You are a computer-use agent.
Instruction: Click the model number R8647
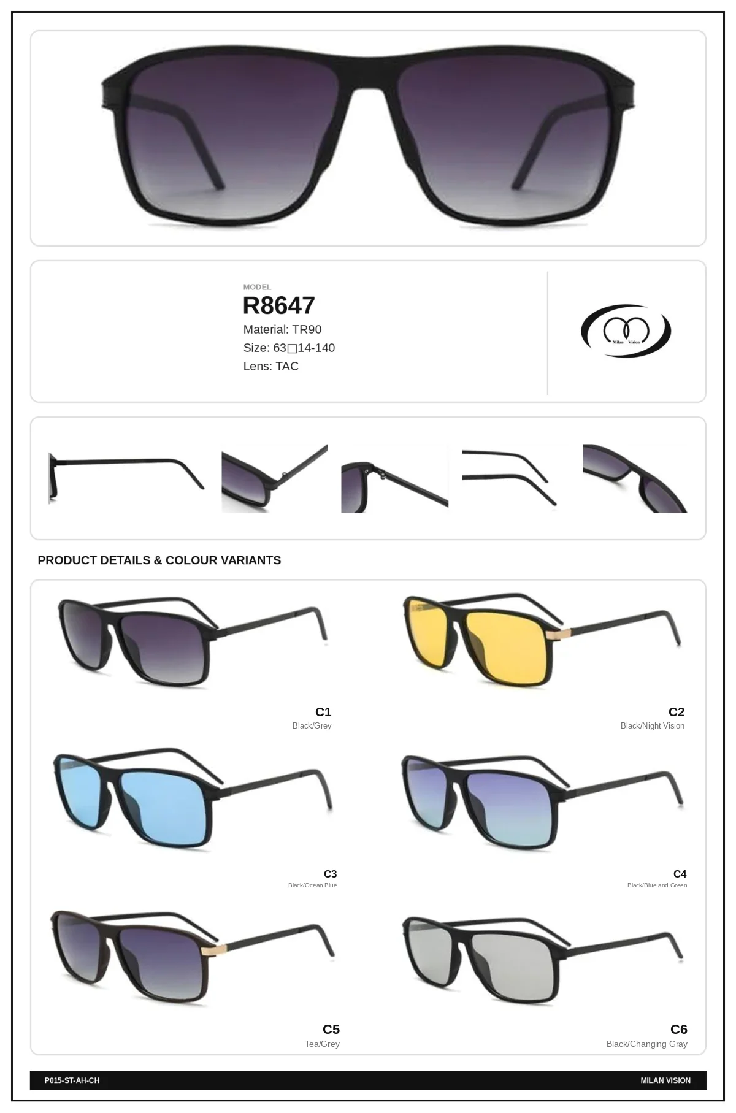coord(278,305)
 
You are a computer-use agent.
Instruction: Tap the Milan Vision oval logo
coord(626,332)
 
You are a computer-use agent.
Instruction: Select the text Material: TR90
coord(282,329)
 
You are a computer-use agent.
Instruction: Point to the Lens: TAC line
coord(270,366)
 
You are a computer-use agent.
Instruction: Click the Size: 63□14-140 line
coord(289,348)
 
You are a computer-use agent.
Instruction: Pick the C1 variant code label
coord(323,712)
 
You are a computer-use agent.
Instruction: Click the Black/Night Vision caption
coord(652,726)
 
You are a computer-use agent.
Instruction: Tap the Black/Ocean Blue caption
coord(313,885)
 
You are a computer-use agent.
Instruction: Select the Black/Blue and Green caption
coord(657,885)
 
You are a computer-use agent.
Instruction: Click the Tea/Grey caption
coord(322,1044)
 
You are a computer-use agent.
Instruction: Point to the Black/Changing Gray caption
coord(646,1044)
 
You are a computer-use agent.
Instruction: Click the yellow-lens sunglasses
coord(542,638)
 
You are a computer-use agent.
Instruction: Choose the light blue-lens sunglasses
coord(194,797)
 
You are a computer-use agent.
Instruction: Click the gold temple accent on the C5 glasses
coord(215,950)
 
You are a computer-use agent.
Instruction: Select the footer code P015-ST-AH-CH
coord(72,1080)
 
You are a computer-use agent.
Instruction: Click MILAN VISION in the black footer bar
coord(665,1080)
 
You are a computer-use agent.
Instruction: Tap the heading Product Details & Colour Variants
coord(159,560)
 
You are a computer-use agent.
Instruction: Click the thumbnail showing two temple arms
coord(509,477)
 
